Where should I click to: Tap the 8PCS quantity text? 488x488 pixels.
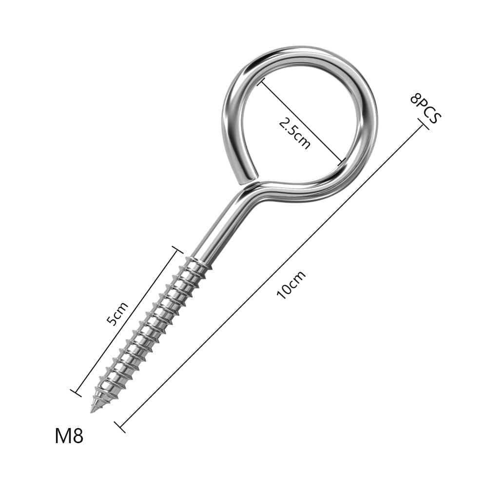tap(426, 108)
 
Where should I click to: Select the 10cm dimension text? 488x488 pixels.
tap(292, 285)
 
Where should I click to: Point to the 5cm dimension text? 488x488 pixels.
tap(117, 313)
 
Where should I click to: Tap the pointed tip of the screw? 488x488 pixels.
tap(91, 412)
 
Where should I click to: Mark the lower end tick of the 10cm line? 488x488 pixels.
tap(120, 428)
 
